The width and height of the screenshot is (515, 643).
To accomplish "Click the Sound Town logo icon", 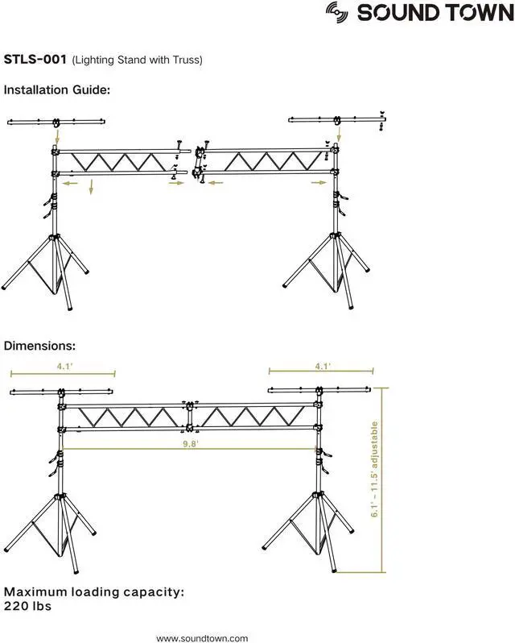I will (338, 11).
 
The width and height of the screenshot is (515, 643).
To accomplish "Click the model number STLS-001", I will (35, 60).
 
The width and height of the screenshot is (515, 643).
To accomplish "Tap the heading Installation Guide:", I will (56, 89).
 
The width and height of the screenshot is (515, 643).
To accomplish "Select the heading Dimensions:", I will (39, 346).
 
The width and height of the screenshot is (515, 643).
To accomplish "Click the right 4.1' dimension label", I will (322, 366).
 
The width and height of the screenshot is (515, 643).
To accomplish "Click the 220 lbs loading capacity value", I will (29, 605).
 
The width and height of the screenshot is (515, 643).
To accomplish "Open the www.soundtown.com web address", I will (202, 637).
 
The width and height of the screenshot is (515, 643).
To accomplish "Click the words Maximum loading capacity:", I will (94, 591).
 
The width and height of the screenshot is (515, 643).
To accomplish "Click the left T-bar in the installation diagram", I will (56, 122).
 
